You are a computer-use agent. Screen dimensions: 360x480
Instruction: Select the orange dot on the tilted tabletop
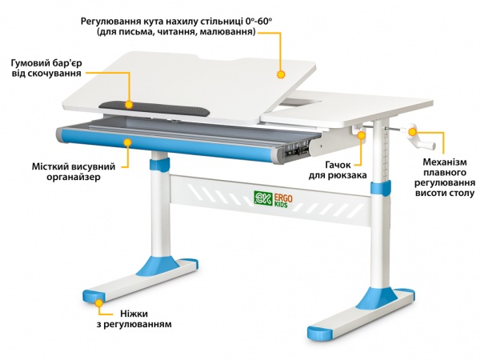(x=281, y=74)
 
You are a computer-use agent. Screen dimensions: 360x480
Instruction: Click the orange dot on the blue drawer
(x=126, y=141)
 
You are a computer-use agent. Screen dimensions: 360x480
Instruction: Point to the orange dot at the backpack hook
(x=362, y=136)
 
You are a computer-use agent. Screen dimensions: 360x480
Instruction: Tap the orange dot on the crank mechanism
(x=414, y=130)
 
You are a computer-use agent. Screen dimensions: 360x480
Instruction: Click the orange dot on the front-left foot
(x=98, y=302)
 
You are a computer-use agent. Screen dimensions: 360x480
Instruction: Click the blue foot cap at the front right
(x=318, y=330)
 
